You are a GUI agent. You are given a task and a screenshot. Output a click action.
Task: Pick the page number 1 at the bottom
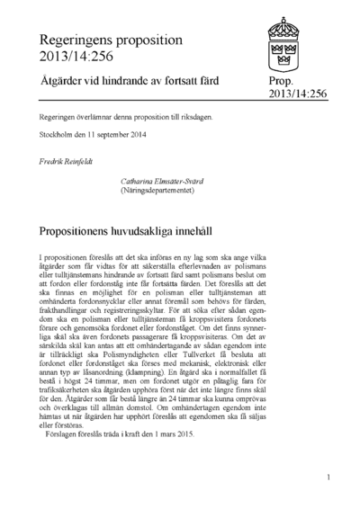point(330,478)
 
